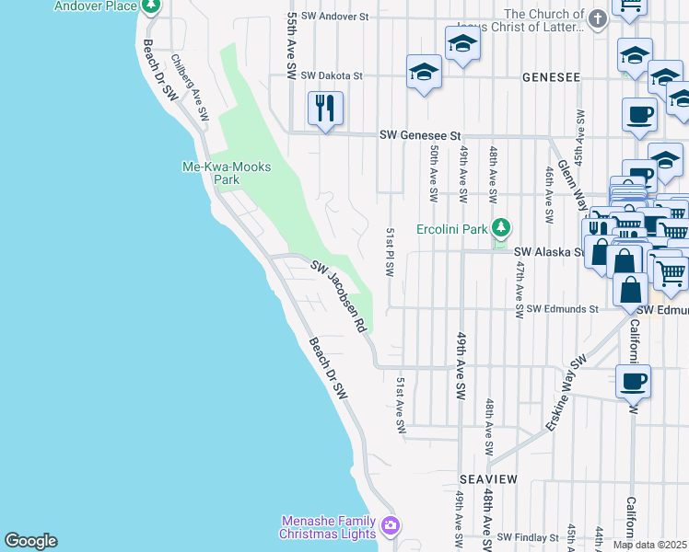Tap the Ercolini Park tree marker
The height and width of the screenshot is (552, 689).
click(500, 227)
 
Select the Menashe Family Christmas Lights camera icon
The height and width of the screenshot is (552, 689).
click(391, 525)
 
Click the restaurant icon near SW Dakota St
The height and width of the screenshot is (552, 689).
click(324, 108)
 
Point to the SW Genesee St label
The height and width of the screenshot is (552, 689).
click(420, 135)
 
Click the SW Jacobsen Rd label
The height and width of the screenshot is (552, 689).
click(338, 297)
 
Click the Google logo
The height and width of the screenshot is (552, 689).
click(30, 541)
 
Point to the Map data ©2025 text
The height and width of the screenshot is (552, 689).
click(650, 545)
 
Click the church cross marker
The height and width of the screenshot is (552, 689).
click(598, 19)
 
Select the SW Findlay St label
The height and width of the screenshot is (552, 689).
click(528, 536)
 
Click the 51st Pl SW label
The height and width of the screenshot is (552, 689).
click(391, 254)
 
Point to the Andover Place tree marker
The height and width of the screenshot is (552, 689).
click(152, 6)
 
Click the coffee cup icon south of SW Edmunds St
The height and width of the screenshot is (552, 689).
click(633, 381)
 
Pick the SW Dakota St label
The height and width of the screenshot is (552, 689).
click(332, 75)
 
